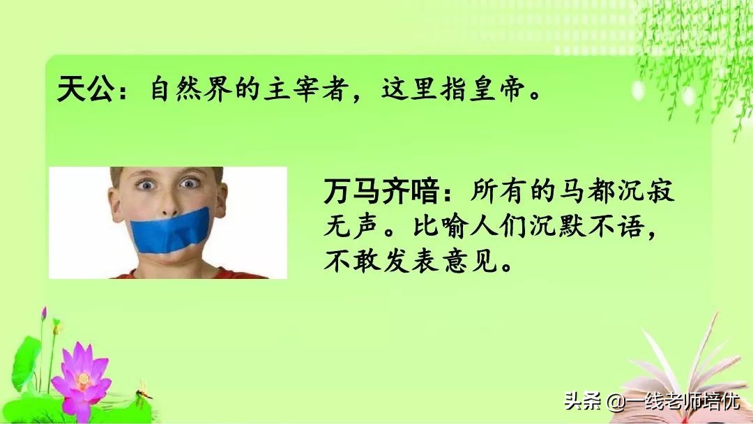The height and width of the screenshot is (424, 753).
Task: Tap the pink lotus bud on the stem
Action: pyautogui.click(x=43, y=314)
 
